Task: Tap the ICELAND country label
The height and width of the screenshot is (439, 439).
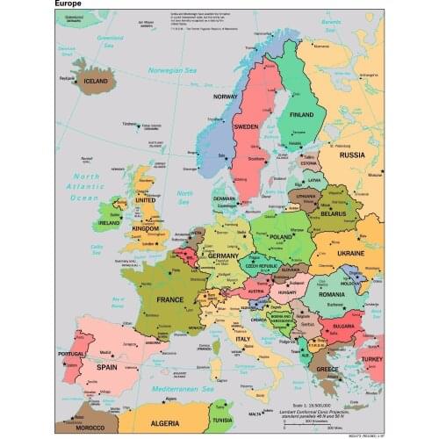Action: pyautogui.click(x=97, y=81)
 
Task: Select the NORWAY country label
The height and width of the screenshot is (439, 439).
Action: pyautogui.click(x=226, y=97)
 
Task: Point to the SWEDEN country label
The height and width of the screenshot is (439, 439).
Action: pyautogui.click(x=246, y=126)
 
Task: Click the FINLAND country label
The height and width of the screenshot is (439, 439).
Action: pyautogui.click(x=302, y=115)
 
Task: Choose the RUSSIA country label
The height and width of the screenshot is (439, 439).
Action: pyautogui.click(x=352, y=155)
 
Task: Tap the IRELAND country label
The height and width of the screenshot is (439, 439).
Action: pyautogui.click(x=111, y=223)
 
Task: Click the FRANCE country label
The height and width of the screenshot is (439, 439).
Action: pyautogui.click(x=170, y=299)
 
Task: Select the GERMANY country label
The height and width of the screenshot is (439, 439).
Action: pyautogui.click(x=224, y=255)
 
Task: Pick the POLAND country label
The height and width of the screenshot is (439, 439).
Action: pyautogui.click(x=281, y=237)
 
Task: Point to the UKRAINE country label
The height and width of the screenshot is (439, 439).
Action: pyautogui.click(x=350, y=253)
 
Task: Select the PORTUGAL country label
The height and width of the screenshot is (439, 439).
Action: pyautogui.click(x=71, y=354)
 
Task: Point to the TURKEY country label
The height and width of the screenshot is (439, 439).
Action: pyautogui.click(x=371, y=359)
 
